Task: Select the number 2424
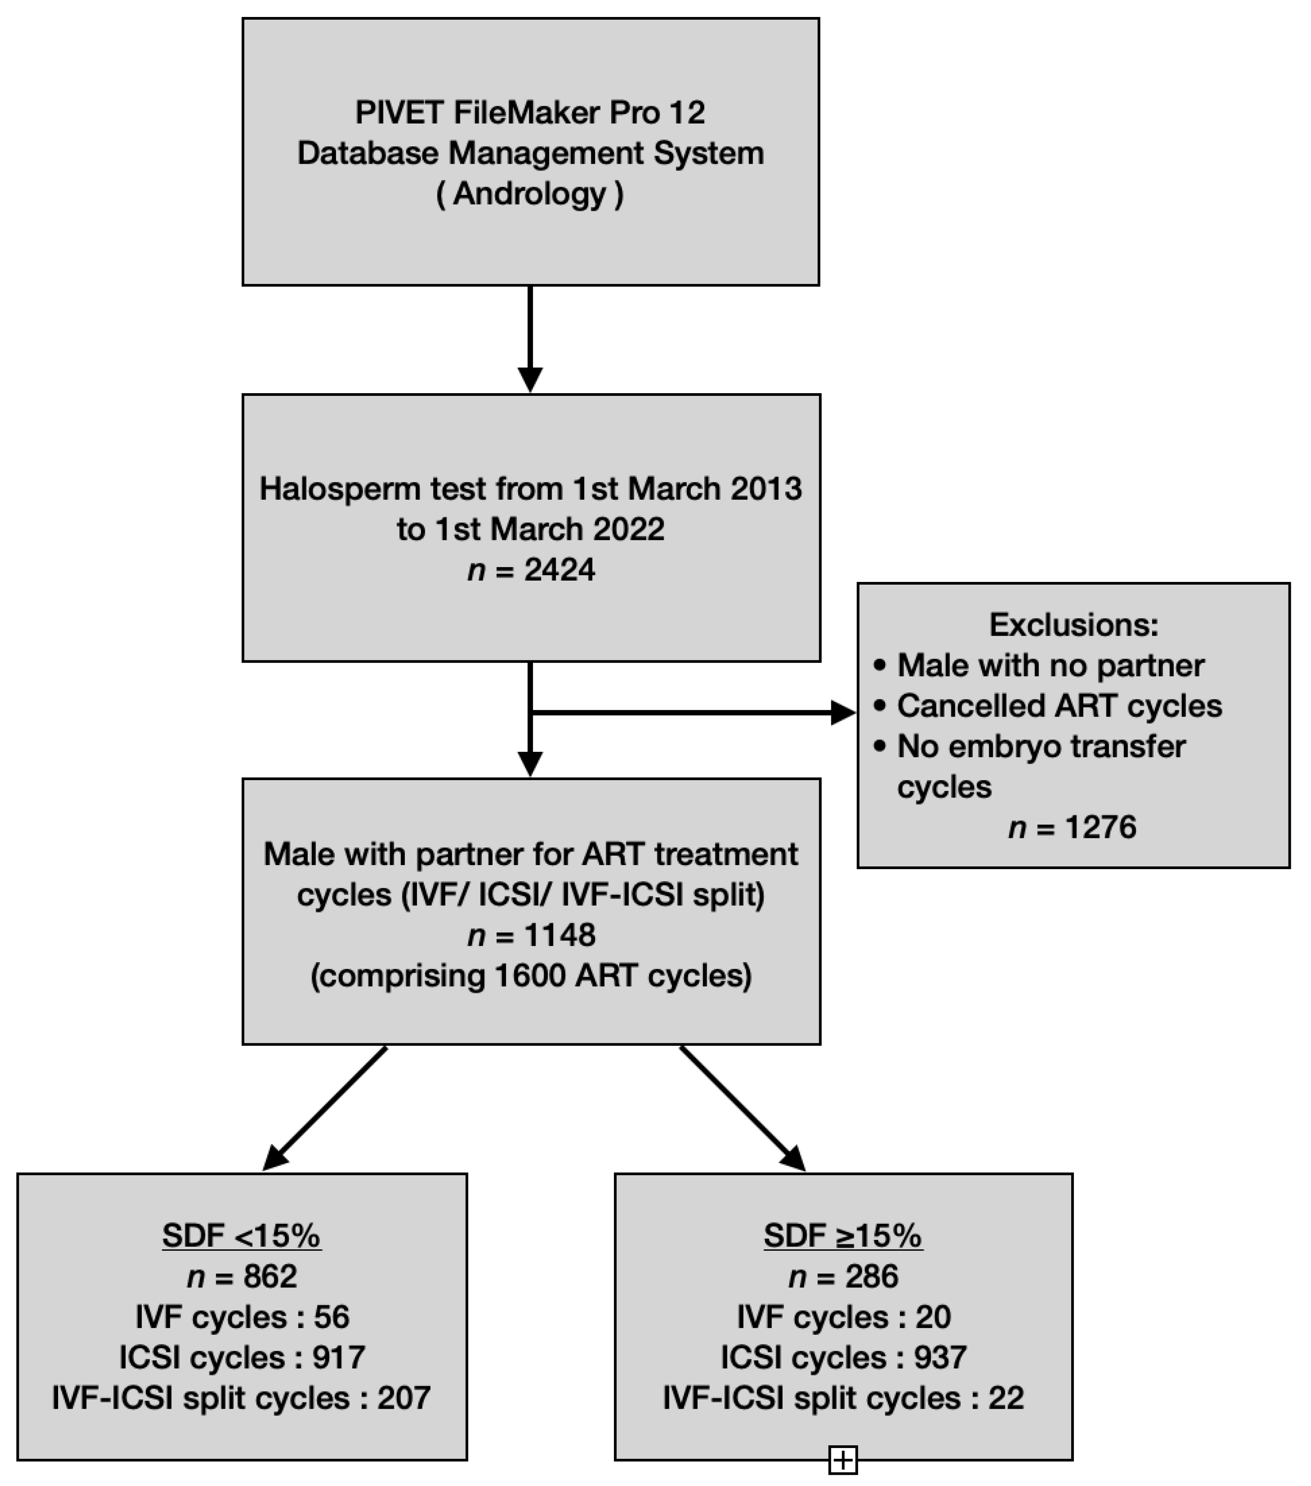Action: [x=559, y=569]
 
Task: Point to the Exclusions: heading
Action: [x=1073, y=624]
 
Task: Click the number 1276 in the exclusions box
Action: [x=1100, y=828]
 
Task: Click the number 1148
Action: [x=559, y=935]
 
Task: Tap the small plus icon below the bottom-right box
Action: [x=843, y=1459]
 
